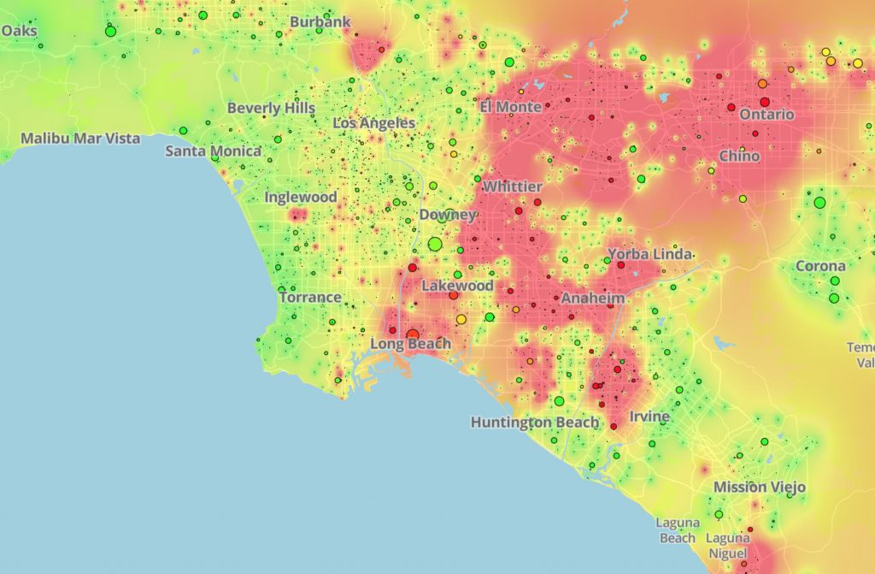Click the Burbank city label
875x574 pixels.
320,21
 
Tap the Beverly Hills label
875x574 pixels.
271,109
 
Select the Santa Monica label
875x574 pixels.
213,151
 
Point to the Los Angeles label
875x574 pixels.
373,123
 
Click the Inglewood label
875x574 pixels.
301,197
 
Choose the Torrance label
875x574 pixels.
310,298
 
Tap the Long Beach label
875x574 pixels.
410,345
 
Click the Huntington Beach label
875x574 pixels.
535,423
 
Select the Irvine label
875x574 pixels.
649,417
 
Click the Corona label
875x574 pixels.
820,266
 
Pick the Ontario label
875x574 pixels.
766,115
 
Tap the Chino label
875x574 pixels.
739,157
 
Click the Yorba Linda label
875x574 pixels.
649,255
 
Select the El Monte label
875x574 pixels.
510,107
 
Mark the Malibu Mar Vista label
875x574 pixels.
80,138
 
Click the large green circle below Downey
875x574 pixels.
435,244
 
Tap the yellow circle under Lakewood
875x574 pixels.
461,319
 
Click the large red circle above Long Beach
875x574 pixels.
413,334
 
